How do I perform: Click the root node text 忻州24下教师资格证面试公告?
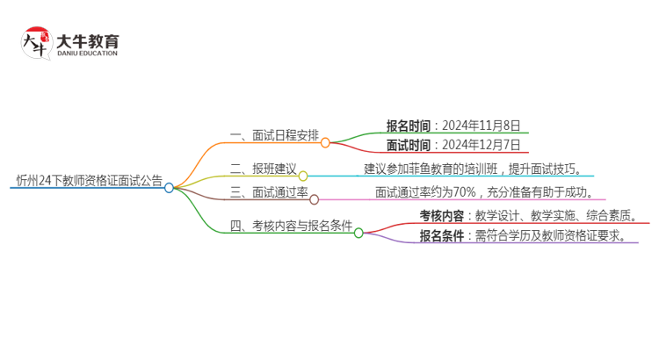tap(90, 181)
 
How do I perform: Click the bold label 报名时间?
tap(409, 125)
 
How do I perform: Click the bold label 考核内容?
tap(442, 215)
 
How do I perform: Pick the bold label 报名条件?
tap(442, 236)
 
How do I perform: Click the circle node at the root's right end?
tap(170, 187)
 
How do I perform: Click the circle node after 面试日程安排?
tap(325, 142)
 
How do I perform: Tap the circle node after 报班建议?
tap(303, 176)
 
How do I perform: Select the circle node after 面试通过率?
tap(315, 199)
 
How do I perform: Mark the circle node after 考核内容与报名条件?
tap(358, 233)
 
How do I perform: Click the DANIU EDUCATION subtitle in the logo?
tap(87, 54)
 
